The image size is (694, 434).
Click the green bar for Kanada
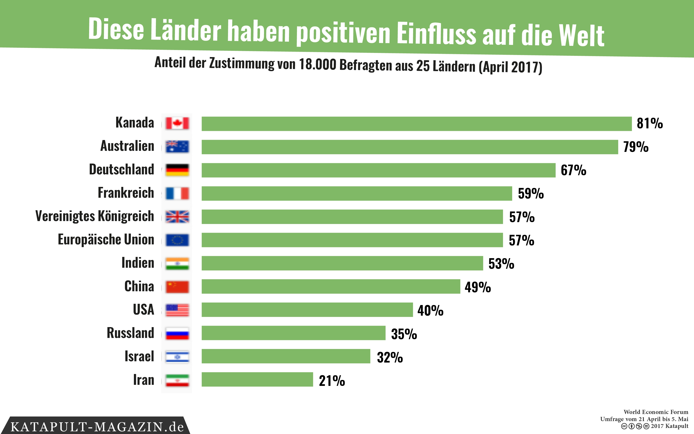[416, 124]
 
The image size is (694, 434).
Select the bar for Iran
[257, 379]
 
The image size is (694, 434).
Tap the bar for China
[331, 286]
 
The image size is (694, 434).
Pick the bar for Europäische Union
[352, 240]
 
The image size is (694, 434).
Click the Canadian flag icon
[177, 123]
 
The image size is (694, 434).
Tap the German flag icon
[177, 170]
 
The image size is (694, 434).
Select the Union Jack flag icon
[177, 217]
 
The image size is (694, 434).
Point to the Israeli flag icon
[177, 357]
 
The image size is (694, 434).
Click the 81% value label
[650, 123]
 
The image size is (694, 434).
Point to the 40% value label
[430, 310]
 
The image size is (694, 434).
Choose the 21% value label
[332, 381]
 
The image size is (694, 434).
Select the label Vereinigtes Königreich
[95, 216]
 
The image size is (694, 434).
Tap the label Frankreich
[126, 193]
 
